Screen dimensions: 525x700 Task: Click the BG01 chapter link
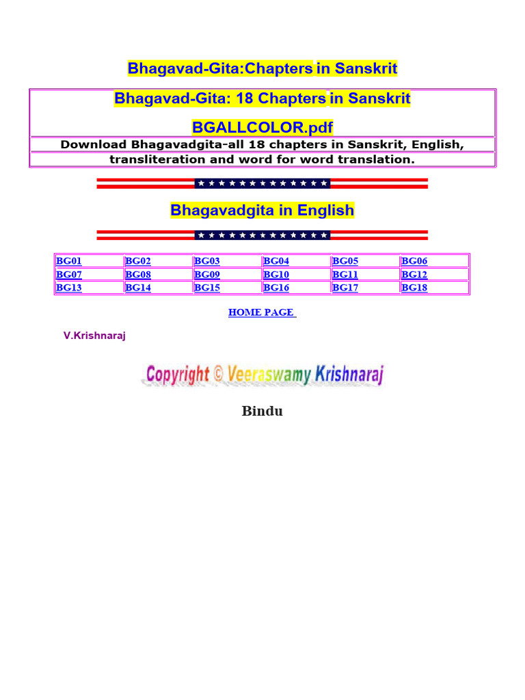69,260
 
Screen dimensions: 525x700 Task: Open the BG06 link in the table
414,260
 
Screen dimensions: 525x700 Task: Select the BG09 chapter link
207,274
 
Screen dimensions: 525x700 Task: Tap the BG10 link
276,274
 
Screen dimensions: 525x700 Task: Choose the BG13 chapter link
69,288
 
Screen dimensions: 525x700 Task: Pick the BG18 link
414,288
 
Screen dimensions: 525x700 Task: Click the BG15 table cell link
207,288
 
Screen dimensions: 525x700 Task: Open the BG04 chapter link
276,260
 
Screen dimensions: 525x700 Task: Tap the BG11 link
345,274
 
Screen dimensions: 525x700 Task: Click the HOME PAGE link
262,312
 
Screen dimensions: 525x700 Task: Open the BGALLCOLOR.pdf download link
262,127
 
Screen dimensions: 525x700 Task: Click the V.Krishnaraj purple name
94,336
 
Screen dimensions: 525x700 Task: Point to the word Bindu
262,411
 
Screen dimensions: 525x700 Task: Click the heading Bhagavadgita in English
262,210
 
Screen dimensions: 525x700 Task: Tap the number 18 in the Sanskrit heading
244,98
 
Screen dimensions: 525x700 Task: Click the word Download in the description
93,145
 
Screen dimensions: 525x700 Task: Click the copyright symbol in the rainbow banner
218,374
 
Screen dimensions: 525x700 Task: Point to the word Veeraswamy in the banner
269,374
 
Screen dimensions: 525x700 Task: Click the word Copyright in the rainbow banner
178,374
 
